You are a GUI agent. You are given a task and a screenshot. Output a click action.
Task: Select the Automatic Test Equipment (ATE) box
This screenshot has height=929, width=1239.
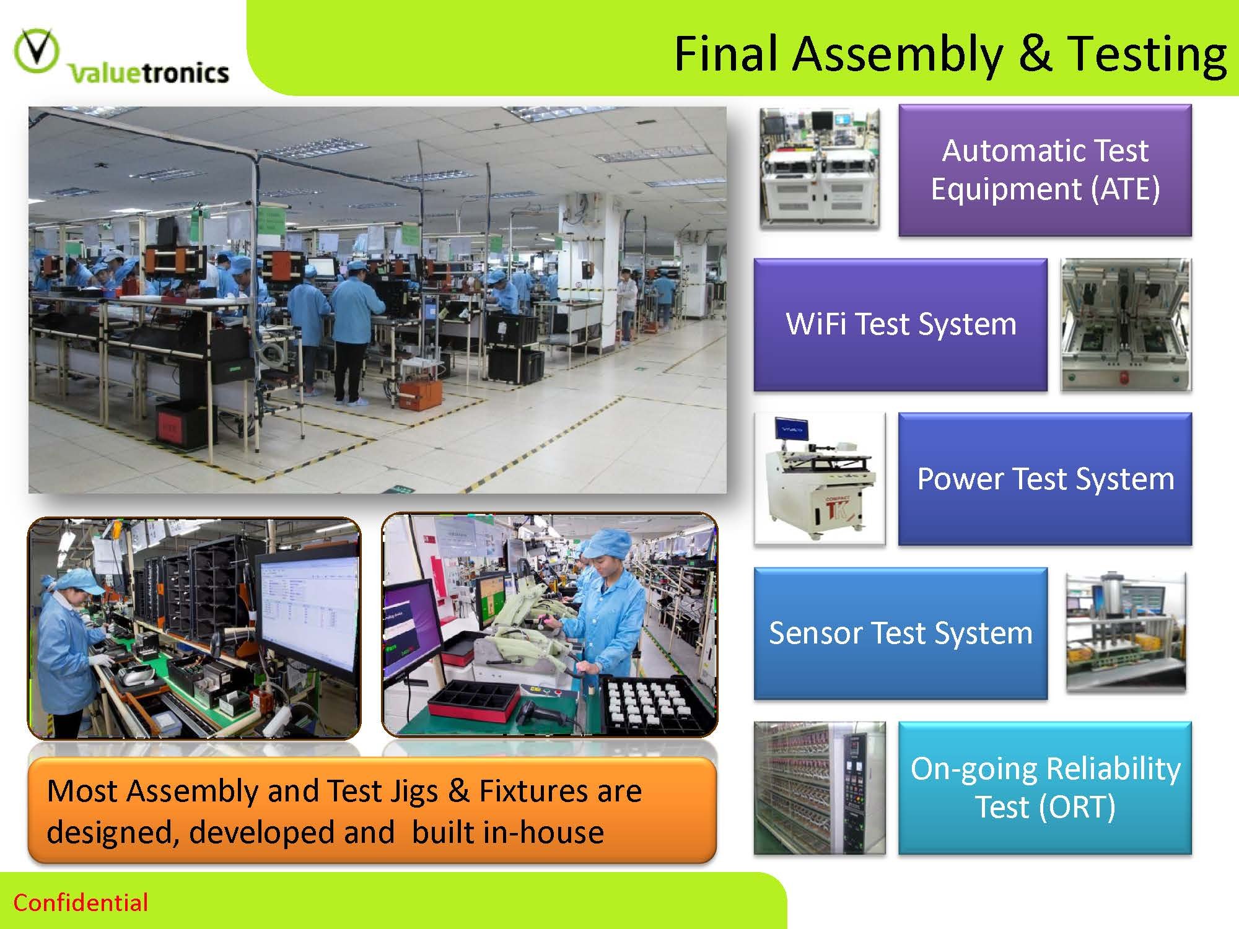click(x=1045, y=170)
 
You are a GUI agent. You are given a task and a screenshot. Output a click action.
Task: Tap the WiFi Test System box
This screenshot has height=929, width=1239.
click(x=900, y=325)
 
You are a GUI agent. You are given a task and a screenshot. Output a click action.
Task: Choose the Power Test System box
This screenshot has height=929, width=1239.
click(x=1045, y=479)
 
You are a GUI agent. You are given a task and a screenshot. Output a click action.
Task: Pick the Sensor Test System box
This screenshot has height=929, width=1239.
click(x=900, y=633)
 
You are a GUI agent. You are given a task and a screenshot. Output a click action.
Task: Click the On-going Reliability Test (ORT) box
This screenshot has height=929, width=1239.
click(x=1045, y=788)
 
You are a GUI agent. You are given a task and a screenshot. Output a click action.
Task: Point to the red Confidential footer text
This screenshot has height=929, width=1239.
click(x=81, y=903)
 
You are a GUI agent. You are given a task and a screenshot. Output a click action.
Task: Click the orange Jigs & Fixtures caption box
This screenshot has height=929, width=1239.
click(x=372, y=810)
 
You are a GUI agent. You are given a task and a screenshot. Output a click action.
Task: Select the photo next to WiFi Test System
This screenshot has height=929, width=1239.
click(x=1126, y=325)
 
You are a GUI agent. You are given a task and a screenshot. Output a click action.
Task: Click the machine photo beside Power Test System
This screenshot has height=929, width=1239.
click(x=820, y=479)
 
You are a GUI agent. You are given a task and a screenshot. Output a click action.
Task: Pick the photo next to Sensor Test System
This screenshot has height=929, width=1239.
click(x=1126, y=632)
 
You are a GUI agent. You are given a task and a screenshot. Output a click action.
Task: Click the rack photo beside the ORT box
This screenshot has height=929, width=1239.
click(x=820, y=788)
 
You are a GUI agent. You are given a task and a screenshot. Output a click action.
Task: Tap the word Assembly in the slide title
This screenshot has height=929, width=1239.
click(x=897, y=55)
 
